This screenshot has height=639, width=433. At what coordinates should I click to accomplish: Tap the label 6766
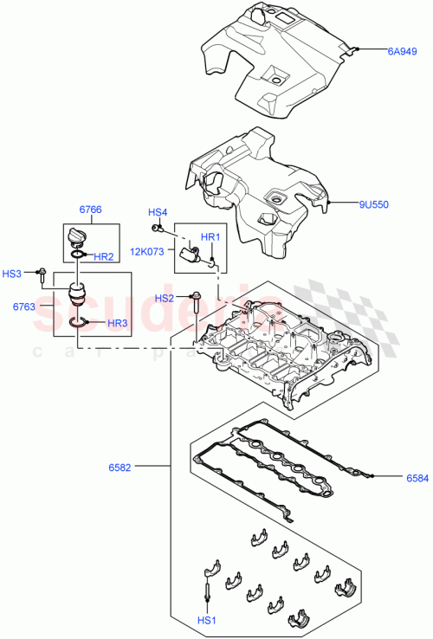tap(91, 209)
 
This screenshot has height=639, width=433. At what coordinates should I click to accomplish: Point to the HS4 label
tap(157, 212)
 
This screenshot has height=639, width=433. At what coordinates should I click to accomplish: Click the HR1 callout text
tap(211, 237)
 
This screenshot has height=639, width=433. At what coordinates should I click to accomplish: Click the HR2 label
tap(104, 257)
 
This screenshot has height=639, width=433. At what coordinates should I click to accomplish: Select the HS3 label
tap(12, 274)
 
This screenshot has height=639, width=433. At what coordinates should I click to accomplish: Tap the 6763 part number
tap(24, 306)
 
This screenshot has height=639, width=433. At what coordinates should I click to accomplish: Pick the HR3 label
tap(118, 323)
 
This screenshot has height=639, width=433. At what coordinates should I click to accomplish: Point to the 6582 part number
tap(120, 467)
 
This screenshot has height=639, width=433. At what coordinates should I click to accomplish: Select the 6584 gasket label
tap(417, 477)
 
